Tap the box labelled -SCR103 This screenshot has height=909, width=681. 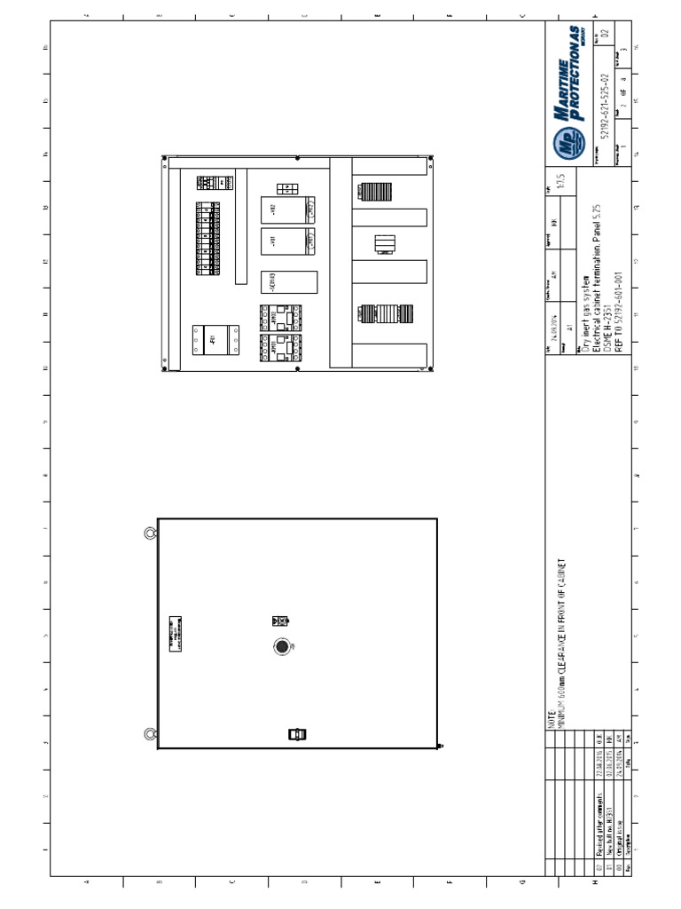pyautogui.click(x=289, y=281)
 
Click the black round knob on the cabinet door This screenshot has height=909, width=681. pyautogui.click(x=282, y=646)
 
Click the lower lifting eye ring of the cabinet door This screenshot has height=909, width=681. pyautogui.click(x=150, y=734)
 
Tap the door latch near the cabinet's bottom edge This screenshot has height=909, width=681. pyautogui.click(x=297, y=733)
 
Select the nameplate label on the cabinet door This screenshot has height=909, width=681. pyautogui.click(x=176, y=631)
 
